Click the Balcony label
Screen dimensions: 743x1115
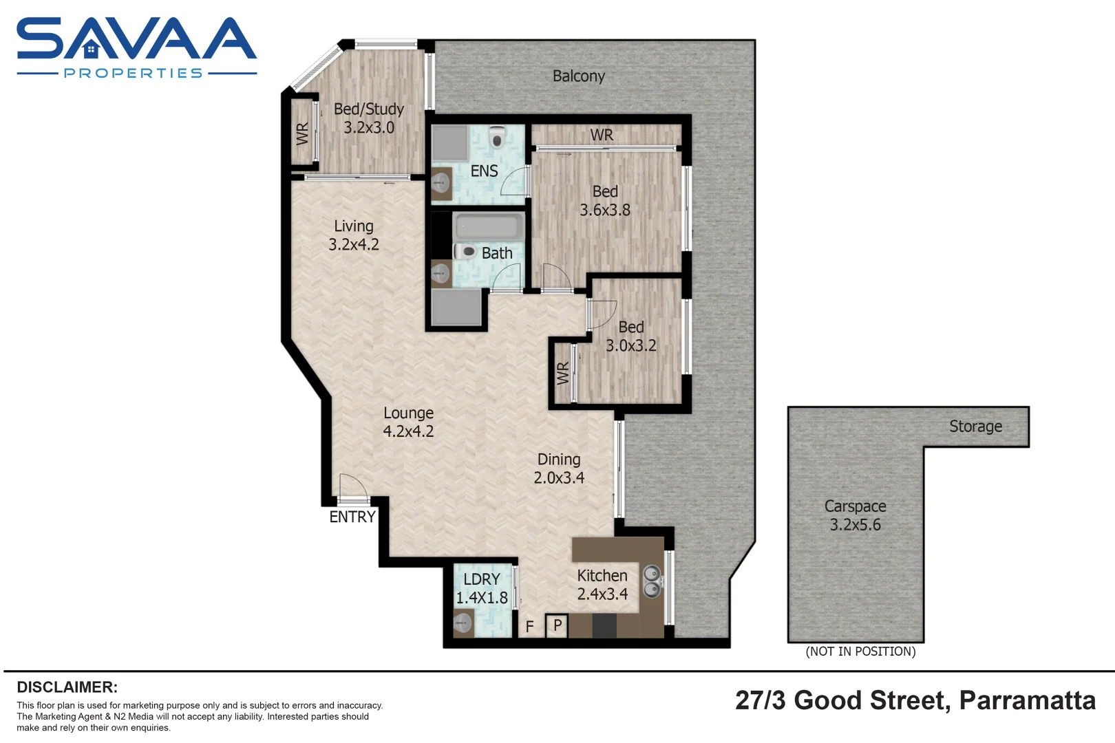(578, 76)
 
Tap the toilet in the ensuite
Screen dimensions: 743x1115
(497, 138)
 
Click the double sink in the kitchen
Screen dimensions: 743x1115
(651, 581)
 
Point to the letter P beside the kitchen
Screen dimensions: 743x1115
(557, 625)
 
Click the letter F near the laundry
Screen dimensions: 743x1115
(529, 627)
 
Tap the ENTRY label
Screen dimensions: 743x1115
(352, 517)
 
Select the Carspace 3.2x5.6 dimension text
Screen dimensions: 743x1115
(855, 525)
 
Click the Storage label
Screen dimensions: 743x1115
(975, 427)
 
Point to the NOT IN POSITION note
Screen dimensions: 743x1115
(860, 652)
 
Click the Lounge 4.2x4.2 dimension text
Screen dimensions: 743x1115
(408, 431)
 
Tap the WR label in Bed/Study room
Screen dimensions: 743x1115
(302, 133)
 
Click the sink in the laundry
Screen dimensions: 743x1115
(463, 624)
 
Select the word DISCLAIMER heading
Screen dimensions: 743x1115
(67, 687)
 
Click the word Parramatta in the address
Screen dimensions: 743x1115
(1027, 700)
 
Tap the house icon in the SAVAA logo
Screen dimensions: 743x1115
(91, 49)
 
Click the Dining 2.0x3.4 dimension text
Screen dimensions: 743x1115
(559, 477)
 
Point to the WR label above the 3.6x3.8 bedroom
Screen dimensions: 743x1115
(602, 136)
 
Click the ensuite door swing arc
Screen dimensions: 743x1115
(513, 180)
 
